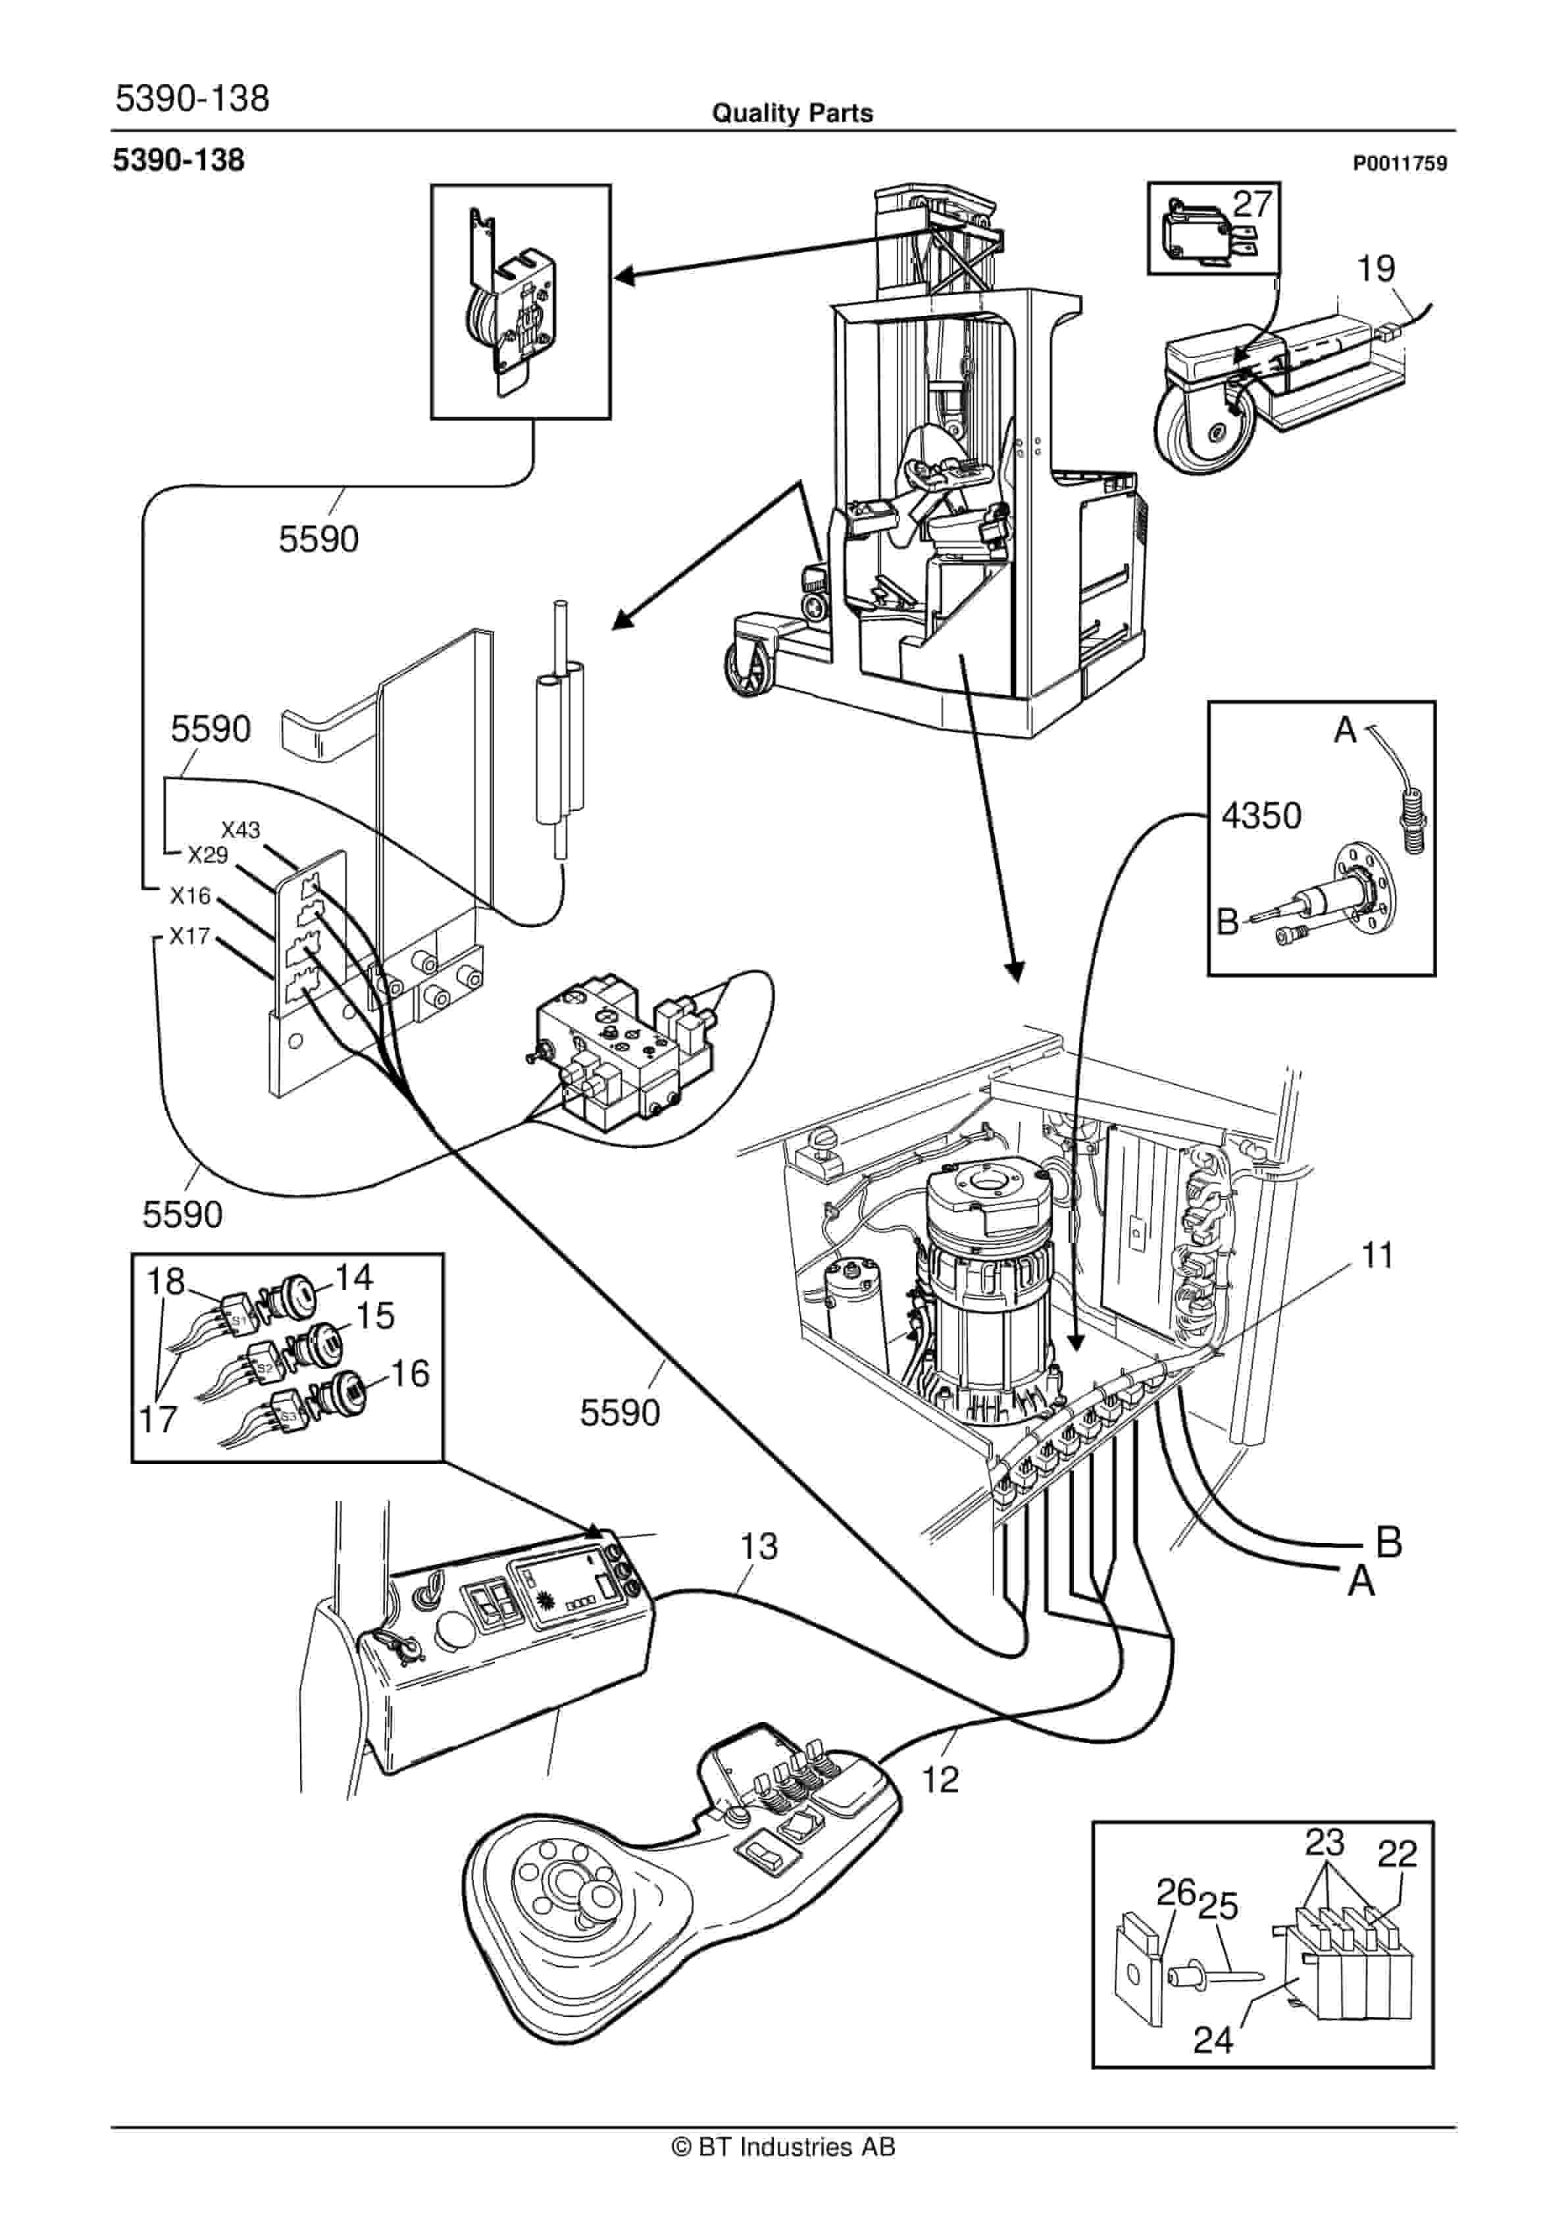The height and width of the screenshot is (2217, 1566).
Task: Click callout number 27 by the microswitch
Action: click(x=1252, y=205)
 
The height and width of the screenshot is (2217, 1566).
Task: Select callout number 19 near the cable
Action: click(x=1376, y=269)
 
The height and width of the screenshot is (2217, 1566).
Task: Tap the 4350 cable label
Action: click(x=1261, y=816)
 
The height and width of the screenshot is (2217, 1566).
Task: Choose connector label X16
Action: click(x=190, y=896)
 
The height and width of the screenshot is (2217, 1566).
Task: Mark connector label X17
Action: click(x=189, y=935)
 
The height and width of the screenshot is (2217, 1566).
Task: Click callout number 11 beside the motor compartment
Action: click(x=1377, y=1256)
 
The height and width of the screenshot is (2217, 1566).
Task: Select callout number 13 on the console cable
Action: click(x=758, y=1547)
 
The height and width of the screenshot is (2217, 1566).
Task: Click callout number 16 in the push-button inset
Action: click(x=409, y=1373)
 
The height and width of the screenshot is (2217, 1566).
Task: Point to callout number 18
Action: click(x=165, y=1282)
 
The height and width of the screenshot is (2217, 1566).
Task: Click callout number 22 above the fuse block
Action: click(x=1396, y=1854)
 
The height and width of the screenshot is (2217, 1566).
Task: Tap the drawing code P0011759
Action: click(x=1399, y=164)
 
